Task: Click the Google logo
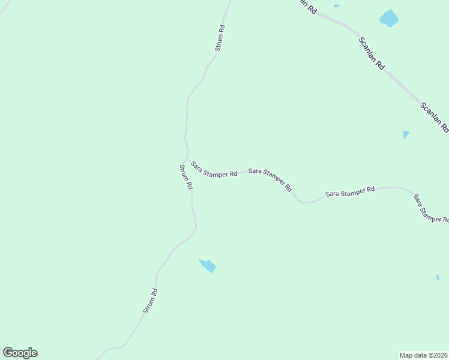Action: click(20, 353)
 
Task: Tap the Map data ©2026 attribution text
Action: click(423, 355)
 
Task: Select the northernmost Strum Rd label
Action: click(220, 37)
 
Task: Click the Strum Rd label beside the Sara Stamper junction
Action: click(185, 177)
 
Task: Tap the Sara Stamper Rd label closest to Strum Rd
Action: click(214, 170)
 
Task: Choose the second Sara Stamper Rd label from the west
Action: click(270, 179)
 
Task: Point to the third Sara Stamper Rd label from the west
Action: click(350, 192)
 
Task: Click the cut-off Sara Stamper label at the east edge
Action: click(430, 209)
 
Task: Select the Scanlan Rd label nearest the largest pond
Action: click(372, 54)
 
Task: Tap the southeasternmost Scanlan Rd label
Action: click(434, 117)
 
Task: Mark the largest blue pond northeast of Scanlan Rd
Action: click(389, 18)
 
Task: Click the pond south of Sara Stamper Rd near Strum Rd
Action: click(208, 265)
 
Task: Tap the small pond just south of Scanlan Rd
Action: click(406, 134)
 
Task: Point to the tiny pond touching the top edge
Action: click(336, 5)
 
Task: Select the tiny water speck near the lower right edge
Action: click(438, 277)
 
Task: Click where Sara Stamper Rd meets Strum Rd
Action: click(188, 158)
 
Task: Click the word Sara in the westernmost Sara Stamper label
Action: click(196, 165)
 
